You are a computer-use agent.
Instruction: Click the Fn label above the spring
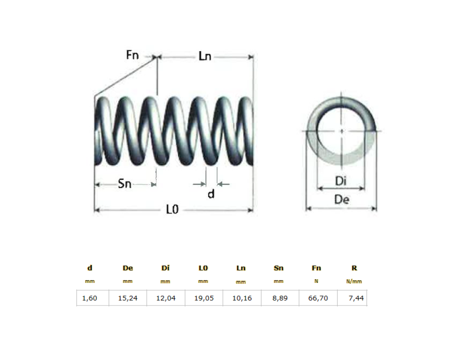pyautogui.click(x=133, y=55)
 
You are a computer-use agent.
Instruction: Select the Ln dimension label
pyautogui.click(x=205, y=56)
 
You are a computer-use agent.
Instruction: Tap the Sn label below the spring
pyautogui.click(x=125, y=184)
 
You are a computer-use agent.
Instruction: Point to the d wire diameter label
pyautogui.click(x=211, y=194)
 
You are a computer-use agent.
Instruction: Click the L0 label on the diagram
pyautogui.click(x=173, y=210)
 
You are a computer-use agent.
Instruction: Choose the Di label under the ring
pyautogui.click(x=341, y=181)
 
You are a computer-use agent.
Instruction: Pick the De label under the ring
pyautogui.click(x=341, y=199)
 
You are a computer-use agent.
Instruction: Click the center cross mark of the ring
pyautogui.click(x=341, y=131)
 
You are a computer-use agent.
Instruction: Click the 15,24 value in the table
pyautogui.click(x=127, y=298)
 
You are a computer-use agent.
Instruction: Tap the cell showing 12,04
pyautogui.click(x=166, y=298)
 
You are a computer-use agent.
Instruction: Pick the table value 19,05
pyautogui.click(x=203, y=298)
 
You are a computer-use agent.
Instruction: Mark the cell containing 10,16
pyautogui.click(x=241, y=298)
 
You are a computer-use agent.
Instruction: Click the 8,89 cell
pyautogui.click(x=279, y=298)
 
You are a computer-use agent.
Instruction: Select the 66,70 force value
pyautogui.click(x=317, y=298)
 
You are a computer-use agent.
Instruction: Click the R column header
pyautogui.click(x=354, y=268)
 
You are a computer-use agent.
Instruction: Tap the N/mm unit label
pyautogui.click(x=354, y=282)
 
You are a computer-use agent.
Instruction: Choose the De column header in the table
pyautogui.click(x=127, y=268)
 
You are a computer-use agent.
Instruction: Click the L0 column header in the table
pyautogui.click(x=203, y=268)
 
